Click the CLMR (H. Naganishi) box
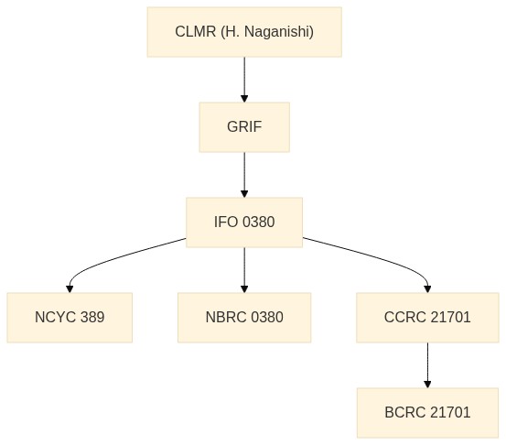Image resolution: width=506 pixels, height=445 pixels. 244,32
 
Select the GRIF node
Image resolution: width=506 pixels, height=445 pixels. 244,127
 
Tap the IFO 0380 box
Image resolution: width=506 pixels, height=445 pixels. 244,222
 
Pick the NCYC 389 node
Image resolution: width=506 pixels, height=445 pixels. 70,318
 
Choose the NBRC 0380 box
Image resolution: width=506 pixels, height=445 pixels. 244,318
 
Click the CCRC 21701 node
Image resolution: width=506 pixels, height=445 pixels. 427,318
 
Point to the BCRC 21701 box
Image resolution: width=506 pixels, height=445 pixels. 427,413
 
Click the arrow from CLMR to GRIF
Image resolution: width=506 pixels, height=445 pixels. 244,80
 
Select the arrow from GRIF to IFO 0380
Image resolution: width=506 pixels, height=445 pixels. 244,175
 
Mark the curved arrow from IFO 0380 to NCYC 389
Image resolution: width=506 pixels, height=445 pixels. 106,261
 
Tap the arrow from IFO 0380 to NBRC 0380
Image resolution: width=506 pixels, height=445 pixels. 244,270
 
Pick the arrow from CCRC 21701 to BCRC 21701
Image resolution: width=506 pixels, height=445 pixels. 427,365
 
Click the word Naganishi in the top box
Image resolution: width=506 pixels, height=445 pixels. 279,32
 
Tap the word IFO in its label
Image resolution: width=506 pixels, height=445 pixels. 226,222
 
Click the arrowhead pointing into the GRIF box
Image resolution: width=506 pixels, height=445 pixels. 244,99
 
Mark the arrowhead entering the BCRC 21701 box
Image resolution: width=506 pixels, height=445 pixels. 427,385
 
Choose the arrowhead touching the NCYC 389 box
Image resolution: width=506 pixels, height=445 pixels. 70,289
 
